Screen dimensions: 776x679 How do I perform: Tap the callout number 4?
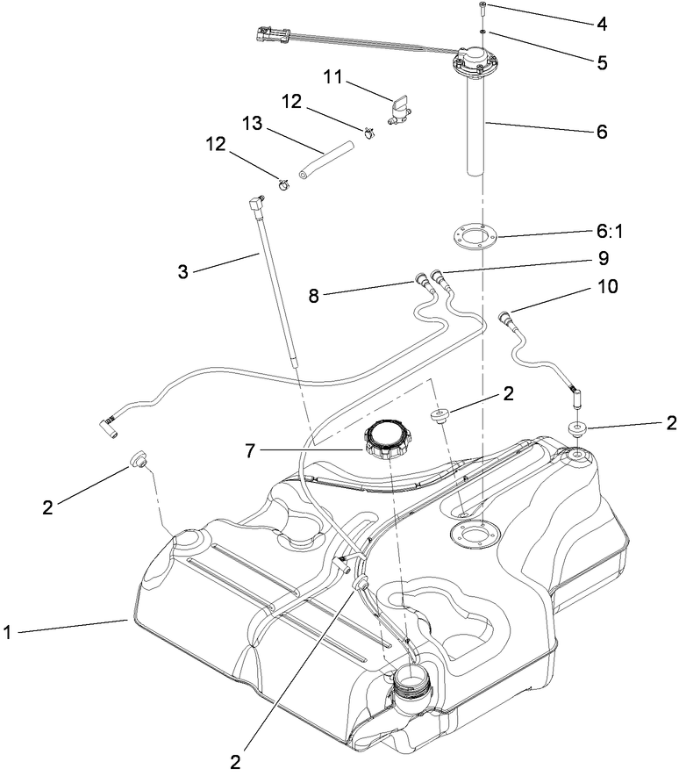point(601,24)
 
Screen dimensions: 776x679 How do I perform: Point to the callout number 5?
point(601,63)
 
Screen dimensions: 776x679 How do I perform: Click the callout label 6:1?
point(602,235)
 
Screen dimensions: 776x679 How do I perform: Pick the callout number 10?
point(606,287)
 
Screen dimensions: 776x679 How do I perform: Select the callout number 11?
point(332,79)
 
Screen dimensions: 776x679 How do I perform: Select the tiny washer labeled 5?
point(483,32)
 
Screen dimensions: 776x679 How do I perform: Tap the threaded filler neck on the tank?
point(410,684)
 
